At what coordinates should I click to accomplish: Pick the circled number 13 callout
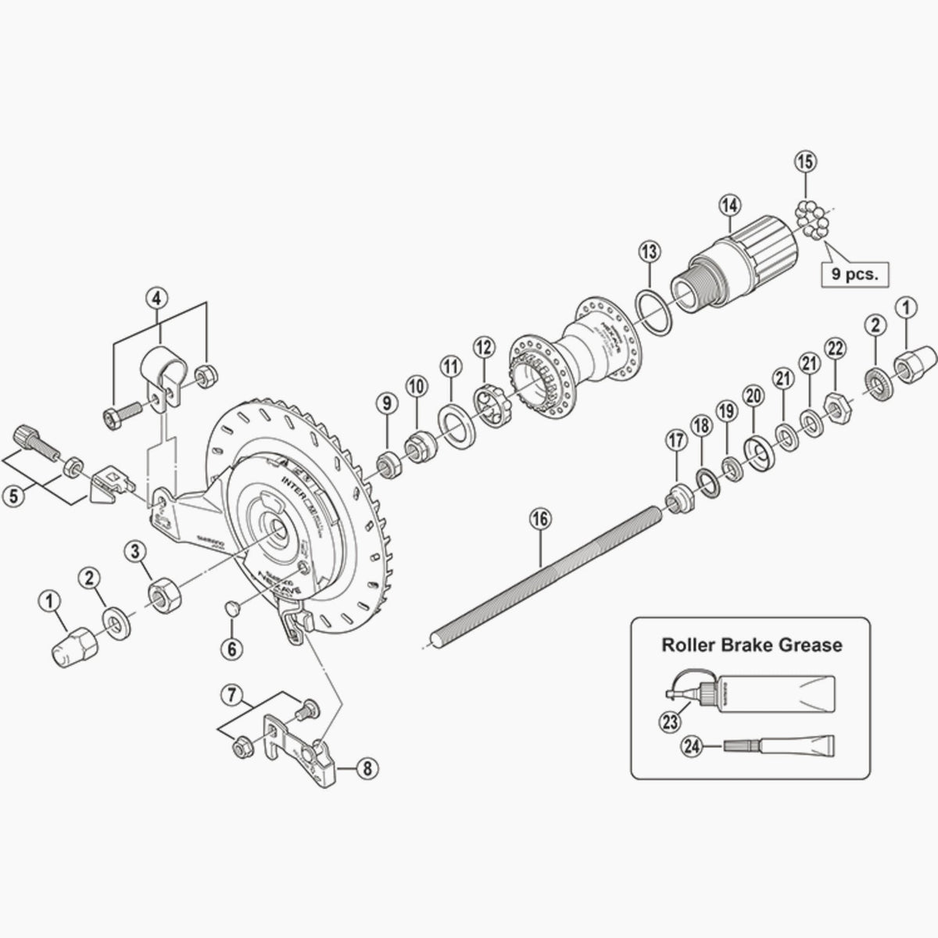(650, 251)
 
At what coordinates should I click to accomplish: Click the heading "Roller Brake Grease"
(751, 645)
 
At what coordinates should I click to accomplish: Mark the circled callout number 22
(836, 348)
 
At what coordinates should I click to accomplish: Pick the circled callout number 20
(754, 399)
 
